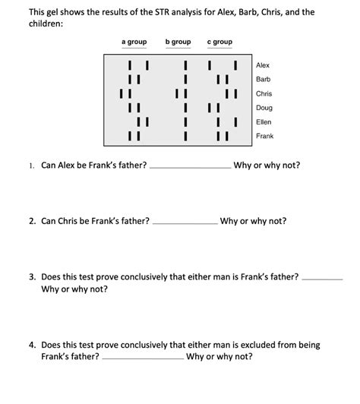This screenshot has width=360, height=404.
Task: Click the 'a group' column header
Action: (x=134, y=41)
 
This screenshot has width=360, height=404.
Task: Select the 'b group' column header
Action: (x=178, y=41)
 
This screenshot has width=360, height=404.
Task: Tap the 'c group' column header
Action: (x=219, y=41)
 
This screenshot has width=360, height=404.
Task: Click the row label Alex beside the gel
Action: (x=263, y=66)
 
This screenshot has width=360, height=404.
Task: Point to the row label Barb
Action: (x=264, y=80)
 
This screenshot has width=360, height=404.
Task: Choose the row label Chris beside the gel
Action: (x=264, y=93)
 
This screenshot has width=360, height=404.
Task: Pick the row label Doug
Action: (x=264, y=108)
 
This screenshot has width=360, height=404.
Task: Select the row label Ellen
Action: (x=264, y=122)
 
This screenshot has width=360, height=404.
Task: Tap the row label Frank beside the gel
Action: (x=264, y=136)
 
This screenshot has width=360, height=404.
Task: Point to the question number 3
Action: (x=31, y=279)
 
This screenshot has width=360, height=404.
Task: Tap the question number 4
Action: (x=31, y=344)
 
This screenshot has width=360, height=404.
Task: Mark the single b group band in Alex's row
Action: (x=185, y=66)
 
